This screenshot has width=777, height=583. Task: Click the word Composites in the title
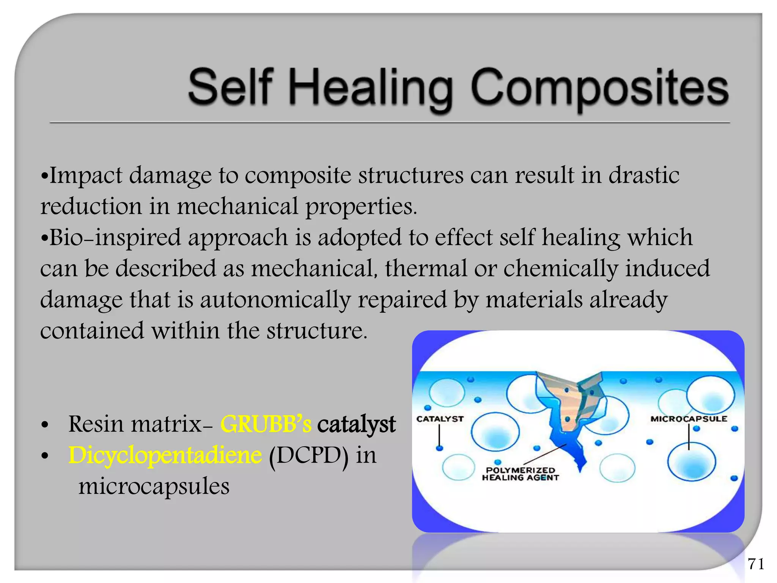click(x=599, y=88)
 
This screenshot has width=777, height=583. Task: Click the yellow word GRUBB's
click(x=266, y=424)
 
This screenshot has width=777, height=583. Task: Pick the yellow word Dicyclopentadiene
click(x=165, y=455)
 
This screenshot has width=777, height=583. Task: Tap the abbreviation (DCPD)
click(x=308, y=455)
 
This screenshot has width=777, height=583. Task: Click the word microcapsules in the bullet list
click(x=154, y=487)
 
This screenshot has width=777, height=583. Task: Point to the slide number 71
click(x=756, y=564)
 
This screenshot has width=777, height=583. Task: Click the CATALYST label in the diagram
click(x=440, y=419)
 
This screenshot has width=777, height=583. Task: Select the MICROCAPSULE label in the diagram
click(x=689, y=419)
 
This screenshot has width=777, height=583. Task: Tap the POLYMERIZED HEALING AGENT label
click(x=520, y=474)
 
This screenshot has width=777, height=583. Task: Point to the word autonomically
click(x=275, y=300)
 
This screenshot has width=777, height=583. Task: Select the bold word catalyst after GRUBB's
click(x=356, y=424)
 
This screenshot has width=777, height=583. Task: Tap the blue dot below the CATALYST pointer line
click(x=439, y=448)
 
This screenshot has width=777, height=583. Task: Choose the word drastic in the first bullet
click(x=644, y=176)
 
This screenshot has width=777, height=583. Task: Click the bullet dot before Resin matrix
click(x=45, y=425)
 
